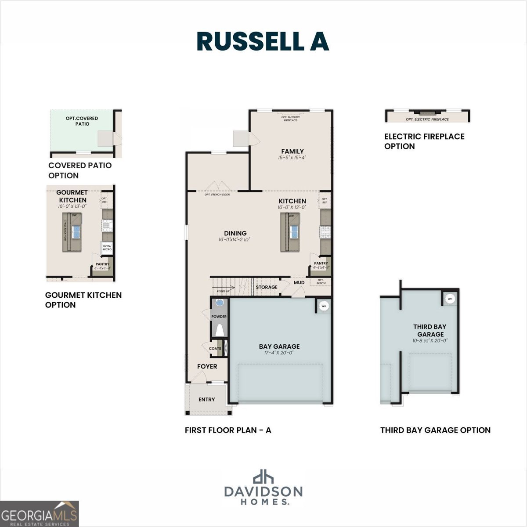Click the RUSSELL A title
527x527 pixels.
point(263,41)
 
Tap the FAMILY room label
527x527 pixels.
point(292,152)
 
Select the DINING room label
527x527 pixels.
point(235,233)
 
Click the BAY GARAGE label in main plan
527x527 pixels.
point(279,347)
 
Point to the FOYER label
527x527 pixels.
point(207,366)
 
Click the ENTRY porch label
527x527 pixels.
point(206,399)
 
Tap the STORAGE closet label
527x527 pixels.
point(267,287)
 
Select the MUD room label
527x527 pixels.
point(299,282)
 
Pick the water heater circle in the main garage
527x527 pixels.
point(324,306)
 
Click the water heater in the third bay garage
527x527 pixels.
point(450,299)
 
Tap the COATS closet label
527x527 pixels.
point(215,349)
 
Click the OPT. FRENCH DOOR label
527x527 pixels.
point(217,195)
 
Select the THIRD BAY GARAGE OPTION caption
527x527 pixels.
point(435,430)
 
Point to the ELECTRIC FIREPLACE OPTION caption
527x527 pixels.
point(424,141)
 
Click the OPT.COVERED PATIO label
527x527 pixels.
point(82,121)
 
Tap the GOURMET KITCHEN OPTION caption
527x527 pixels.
point(83,300)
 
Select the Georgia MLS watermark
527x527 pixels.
point(40,514)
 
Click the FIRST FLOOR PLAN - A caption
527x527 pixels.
point(228,430)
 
